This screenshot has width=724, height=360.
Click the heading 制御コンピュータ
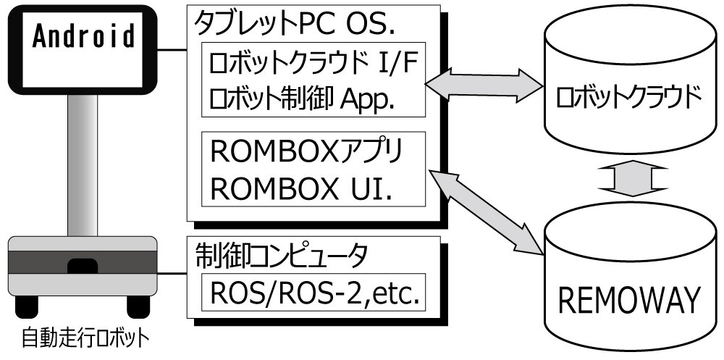pyautogui.click(x=282, y=254)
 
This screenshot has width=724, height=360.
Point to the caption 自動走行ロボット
pyautogui.click(x=85, y=338)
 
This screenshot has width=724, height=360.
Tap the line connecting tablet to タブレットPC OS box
pyautogui.click(x=172, y=51)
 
